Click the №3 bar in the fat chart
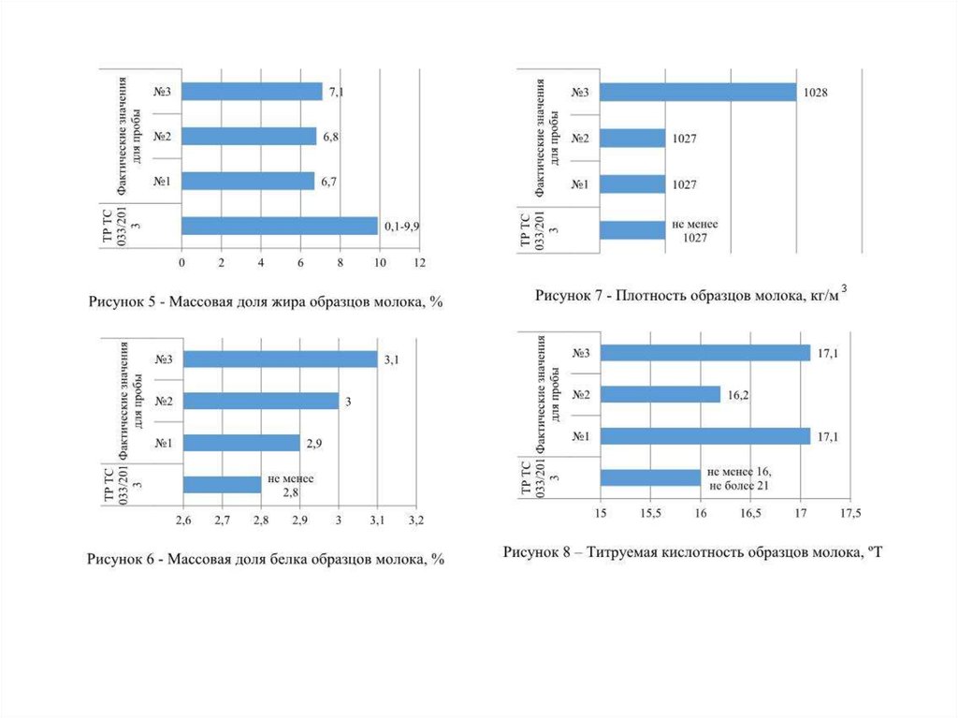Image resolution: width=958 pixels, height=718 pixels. (x=252, y=92)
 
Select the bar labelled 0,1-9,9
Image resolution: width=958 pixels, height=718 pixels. (x=280, y=226)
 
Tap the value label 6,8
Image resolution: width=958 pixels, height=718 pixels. (x=331, y=137)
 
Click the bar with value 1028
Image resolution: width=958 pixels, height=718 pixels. (x=697, y=92)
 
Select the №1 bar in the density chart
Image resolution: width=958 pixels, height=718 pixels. (x=631, y=184)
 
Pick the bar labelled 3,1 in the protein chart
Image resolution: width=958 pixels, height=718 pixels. (x=280, y=359)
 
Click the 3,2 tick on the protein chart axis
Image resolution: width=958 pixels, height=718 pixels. (x=416, y=519)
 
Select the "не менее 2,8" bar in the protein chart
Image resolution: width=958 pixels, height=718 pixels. (x=223, y=484)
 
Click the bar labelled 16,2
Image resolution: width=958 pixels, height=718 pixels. (x=660, y=394)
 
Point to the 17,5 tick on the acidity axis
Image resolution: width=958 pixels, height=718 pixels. (x=851, y=513)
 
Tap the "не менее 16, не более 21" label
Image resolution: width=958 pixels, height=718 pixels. (x=739, y=477)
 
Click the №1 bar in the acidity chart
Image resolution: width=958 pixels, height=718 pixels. (x=704, y=436)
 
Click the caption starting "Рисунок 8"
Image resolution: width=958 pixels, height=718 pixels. (x=693, y=552)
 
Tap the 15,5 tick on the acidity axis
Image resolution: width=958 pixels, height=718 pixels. (x=650, y=513)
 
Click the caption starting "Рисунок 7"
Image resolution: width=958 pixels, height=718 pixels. (x=691, y=296)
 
